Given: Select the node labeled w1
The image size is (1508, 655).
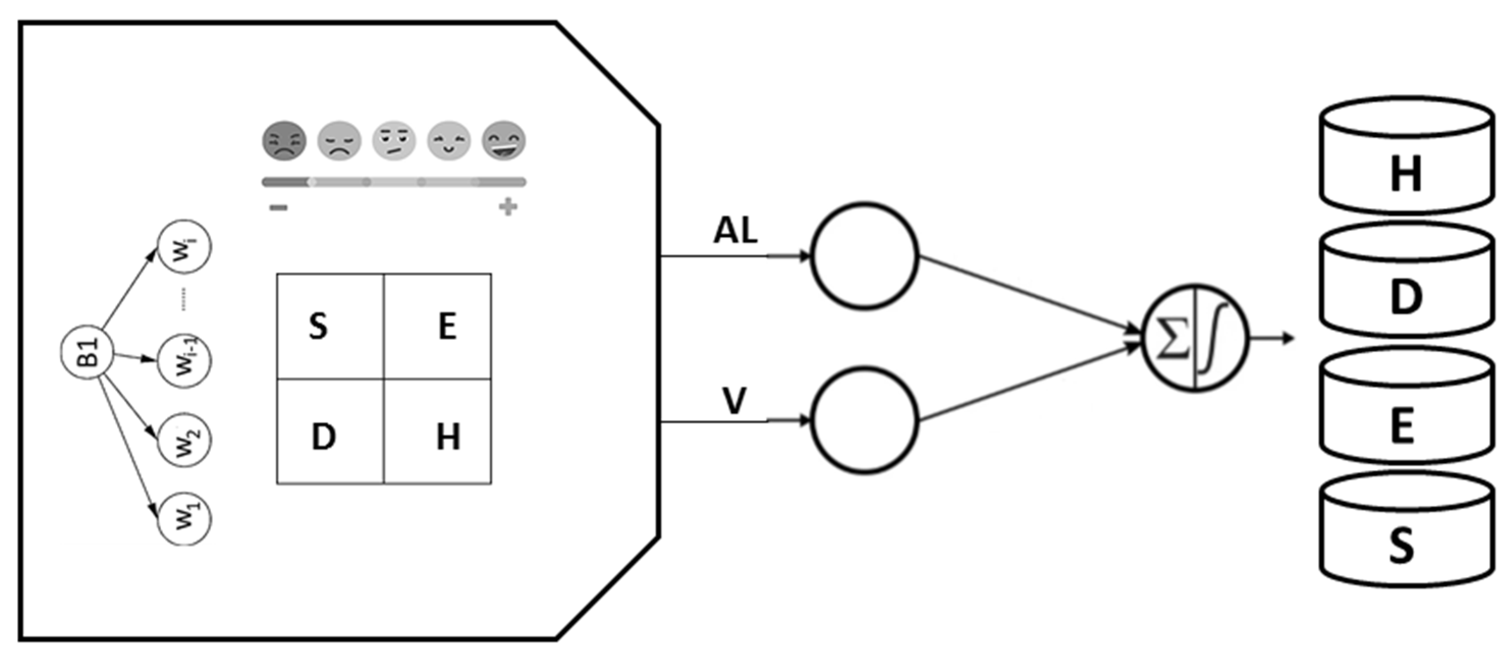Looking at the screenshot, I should (x=184, y=518).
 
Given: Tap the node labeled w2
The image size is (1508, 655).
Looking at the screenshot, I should (x=184, y=440).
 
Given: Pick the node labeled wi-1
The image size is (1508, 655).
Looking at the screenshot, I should (x=184, y=361).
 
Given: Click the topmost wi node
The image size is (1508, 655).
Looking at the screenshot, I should (x=184, y=247).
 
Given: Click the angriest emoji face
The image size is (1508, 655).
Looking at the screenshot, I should (x=283, y=141).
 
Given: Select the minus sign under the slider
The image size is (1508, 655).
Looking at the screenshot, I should (x=279, y=207).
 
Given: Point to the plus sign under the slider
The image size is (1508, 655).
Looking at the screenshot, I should (x=508, y=207).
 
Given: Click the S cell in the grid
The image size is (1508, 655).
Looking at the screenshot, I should (x=330, y=326).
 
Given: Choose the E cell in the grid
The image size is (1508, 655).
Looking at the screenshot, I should (x=437, y=326).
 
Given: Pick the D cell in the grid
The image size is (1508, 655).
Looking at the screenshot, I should (x=330, y=431).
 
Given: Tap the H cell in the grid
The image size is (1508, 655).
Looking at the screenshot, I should (x=437, y=431).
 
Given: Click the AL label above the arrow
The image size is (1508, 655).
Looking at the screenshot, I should (x=735, y=231).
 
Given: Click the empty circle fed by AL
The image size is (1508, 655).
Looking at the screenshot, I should (x=865, y=256).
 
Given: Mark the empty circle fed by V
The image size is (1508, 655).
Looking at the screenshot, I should (x=865, y=420).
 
